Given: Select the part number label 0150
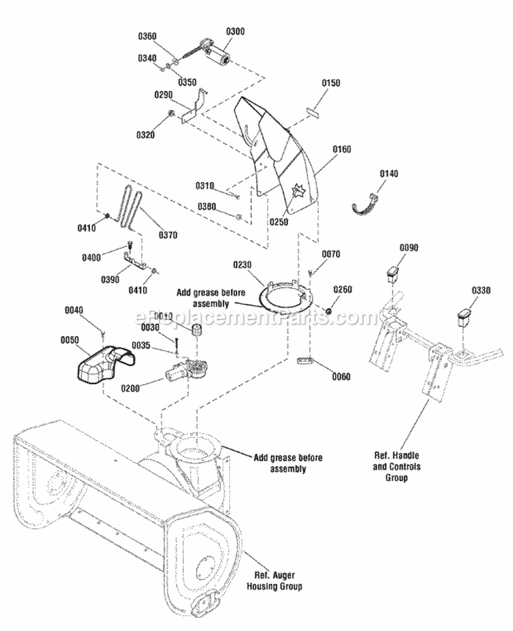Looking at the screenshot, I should (x=330, y=83).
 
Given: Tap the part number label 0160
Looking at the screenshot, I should (x=341, y=148).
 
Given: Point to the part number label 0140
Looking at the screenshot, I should (x=389, y=174).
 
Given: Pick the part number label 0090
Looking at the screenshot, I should (x=409, y=247).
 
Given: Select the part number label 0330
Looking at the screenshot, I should (x=479, y=291).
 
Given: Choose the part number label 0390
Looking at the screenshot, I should (x=111, y=279).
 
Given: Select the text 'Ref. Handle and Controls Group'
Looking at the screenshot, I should (x=396, y=466).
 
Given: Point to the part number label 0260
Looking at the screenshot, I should (x=343, y=289).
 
